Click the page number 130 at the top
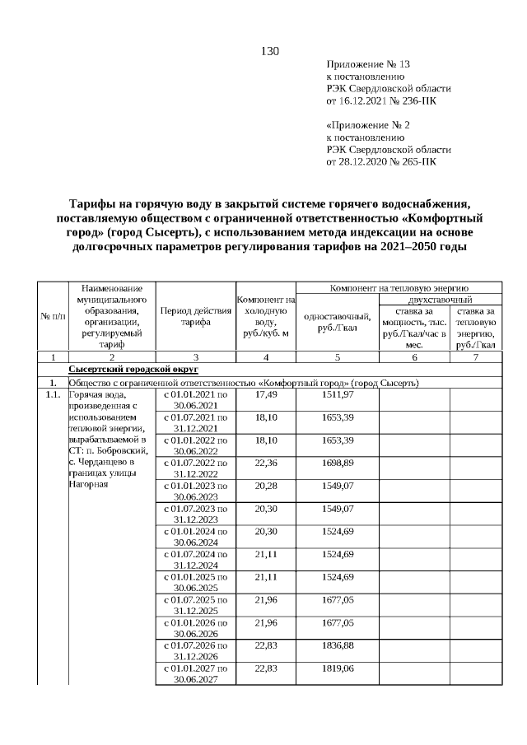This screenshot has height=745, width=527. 270,52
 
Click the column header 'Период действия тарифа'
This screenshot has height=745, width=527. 194,317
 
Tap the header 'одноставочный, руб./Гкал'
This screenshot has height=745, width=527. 338,323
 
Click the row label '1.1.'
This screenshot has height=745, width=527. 52,395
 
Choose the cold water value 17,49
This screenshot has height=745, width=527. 266,395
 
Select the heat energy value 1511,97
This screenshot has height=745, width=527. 338,395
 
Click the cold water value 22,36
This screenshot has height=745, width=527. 266,463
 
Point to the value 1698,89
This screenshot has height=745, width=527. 338,463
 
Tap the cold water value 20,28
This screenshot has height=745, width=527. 266,486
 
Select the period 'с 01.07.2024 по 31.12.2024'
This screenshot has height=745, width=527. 195,559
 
